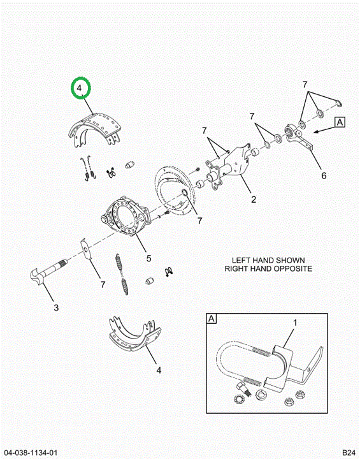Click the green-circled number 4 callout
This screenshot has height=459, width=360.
[81, 88]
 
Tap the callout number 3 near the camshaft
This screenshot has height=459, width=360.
[56, 308]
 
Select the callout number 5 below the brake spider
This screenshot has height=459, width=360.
[148, 258]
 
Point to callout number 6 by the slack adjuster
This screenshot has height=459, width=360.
[324, 176]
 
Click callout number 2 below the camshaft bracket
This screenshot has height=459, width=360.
[254, 200]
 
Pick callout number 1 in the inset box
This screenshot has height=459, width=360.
[295, 323]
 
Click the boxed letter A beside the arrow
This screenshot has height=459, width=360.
[340, 122]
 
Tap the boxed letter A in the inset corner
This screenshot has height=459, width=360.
[212, 319]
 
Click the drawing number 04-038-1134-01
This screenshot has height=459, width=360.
[31, 452]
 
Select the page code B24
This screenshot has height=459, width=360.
[349, 452]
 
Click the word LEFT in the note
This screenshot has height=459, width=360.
[241, 260]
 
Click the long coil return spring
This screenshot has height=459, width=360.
[122, 273]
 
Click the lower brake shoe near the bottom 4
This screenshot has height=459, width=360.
[134, 334]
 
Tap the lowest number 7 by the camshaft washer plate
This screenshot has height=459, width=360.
[103, 284]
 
